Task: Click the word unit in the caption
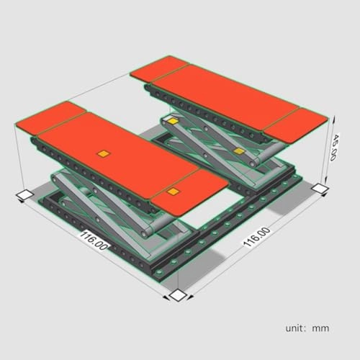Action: [295, 328]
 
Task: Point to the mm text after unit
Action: [321, 328]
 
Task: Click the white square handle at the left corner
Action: [24, 194]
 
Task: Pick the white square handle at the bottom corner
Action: [177, 296]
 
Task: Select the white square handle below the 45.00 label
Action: [320, 188]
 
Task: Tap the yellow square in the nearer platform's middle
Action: [104, 153]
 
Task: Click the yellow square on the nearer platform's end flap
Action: [173, 192]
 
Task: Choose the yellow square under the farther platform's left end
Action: [173, 122]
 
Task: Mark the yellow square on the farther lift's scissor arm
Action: [238, 152]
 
